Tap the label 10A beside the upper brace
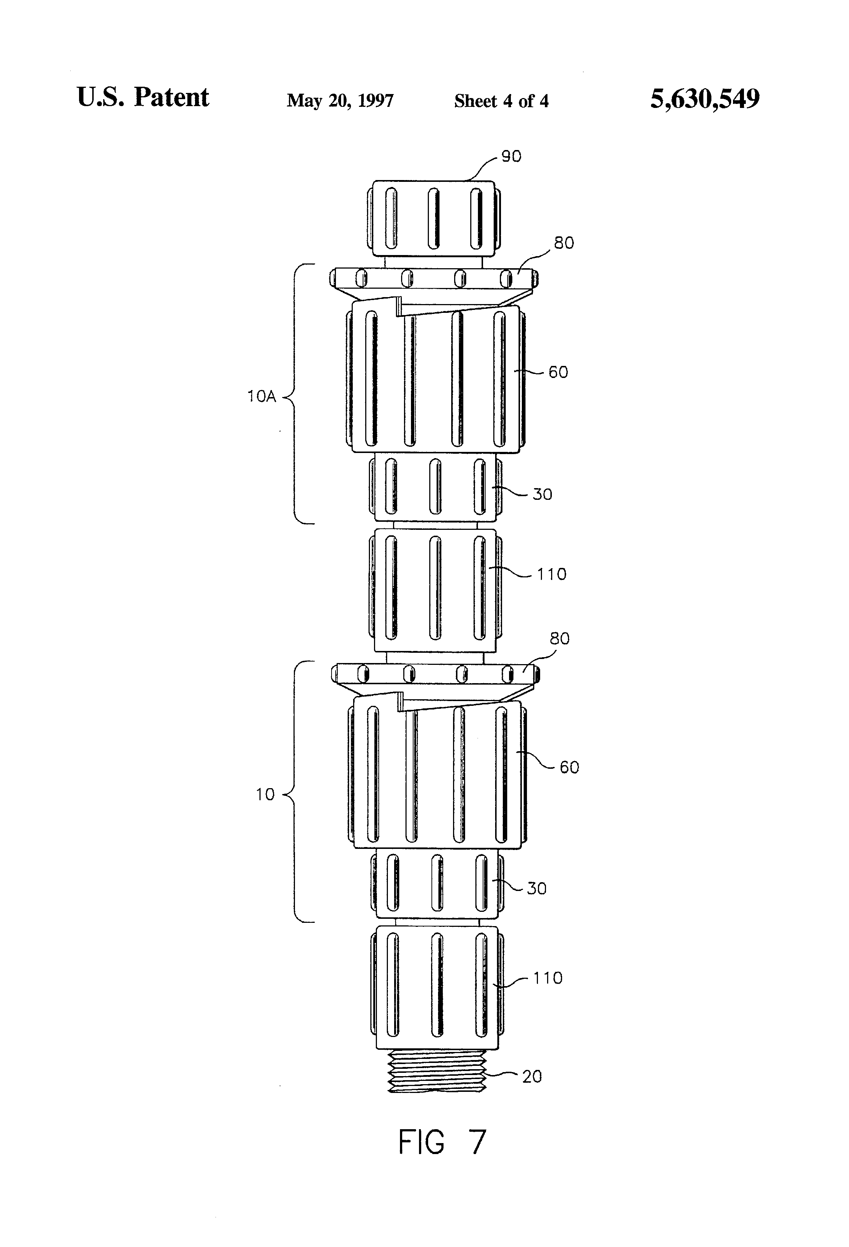coord(261,397)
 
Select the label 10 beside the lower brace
coord(265,795)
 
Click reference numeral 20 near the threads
coord(532,1077)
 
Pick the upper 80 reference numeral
coord(564,243)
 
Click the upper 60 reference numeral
coord(558,372)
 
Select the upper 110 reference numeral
coord(552,575)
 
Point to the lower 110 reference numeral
coord(547,978)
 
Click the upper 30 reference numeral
coord(542,494)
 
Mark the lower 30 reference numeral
coord(536,888)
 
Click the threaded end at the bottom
coord(437,1071)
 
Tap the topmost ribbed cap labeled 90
coord(434,218)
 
